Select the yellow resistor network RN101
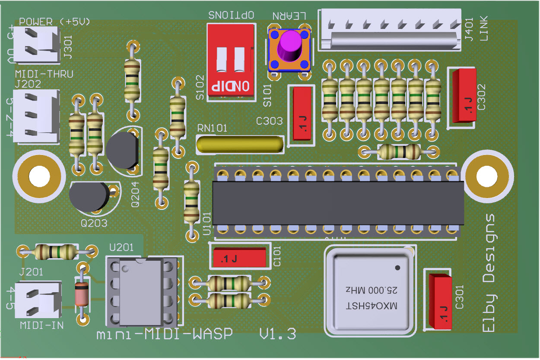tap(240, 144)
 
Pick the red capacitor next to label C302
tap(464, 95)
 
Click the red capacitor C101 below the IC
tap(239, 258)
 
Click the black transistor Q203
tap(89, 197)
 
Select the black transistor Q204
tap(123, 150)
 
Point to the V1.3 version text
tap(277, 334)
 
